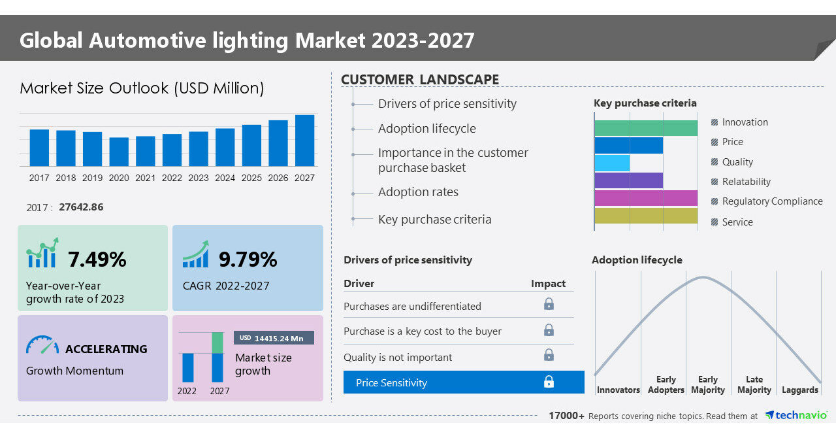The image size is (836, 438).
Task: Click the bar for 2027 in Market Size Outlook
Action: coord(304,141)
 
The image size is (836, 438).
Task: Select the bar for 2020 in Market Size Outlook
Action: coord(119,152)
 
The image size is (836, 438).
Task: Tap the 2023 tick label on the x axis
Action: coord(199,178)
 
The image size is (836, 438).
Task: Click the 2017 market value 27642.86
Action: coord(81,207)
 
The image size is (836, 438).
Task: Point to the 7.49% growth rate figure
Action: coord(97,260)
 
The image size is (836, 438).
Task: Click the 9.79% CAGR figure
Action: coord(248,260)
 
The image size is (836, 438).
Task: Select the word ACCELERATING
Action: coord(106,349)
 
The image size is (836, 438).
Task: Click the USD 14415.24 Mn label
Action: coord(274,338)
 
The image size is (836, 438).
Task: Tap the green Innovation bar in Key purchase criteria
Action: coord(645,128)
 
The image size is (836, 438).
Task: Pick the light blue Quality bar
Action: coord(612,163)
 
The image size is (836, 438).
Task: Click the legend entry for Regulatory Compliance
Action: coord(771,201)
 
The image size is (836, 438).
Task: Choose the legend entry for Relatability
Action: coord(746,182)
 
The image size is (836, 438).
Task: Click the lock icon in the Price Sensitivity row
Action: coord(549,382)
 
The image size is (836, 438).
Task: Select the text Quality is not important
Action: coord(398,358)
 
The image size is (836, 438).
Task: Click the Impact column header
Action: coord(548,284)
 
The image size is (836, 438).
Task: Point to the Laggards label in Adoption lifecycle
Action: coord(799,390)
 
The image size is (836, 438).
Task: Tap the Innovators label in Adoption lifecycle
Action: coord(618,390)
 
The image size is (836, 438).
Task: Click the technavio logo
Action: coord(796,416)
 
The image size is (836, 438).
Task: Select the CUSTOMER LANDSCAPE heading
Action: coord(420,80)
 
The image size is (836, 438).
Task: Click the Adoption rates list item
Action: coord(418,192)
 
